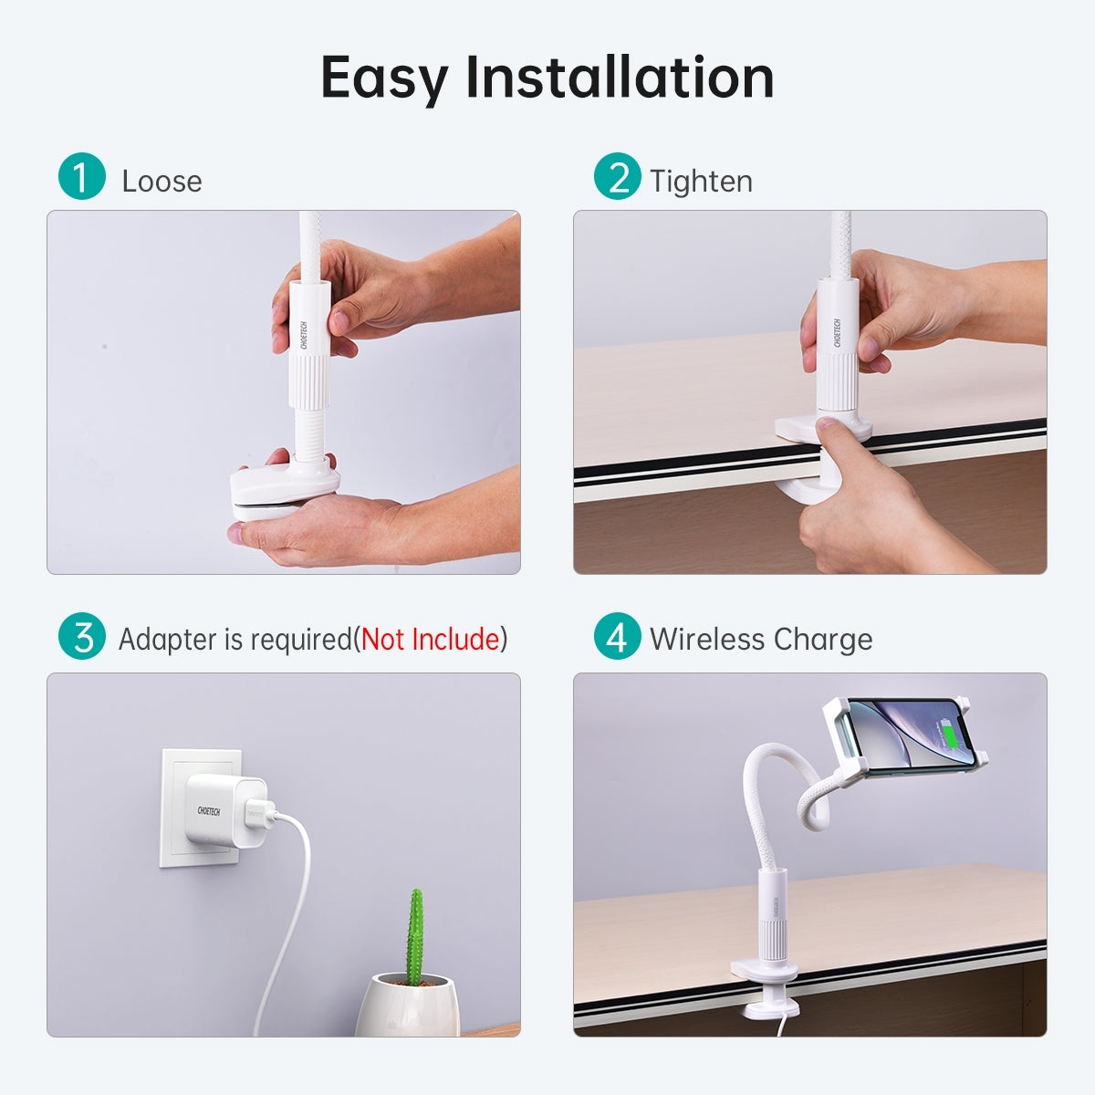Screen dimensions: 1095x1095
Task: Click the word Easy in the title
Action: (384, 78)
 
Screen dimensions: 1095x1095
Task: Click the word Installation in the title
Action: (620, 78)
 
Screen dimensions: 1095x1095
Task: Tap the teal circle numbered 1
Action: (81, 176)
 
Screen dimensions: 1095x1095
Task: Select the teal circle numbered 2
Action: (618, 176)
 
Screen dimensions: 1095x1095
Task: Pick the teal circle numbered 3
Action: (81, 636)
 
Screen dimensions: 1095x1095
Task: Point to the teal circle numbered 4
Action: (618, 636)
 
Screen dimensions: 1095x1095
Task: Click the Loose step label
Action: (162, 181)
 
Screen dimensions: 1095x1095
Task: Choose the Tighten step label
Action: (701, 181)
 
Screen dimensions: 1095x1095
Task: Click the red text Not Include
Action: (430, 639)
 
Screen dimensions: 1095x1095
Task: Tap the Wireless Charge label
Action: (760, 639)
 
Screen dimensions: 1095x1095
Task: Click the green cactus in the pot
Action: (415, 935)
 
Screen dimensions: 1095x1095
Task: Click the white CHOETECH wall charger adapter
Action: (217, 812)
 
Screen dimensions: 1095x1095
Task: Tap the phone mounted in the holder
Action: (903, 736)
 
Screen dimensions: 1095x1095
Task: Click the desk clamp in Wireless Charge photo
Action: (771, 985)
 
